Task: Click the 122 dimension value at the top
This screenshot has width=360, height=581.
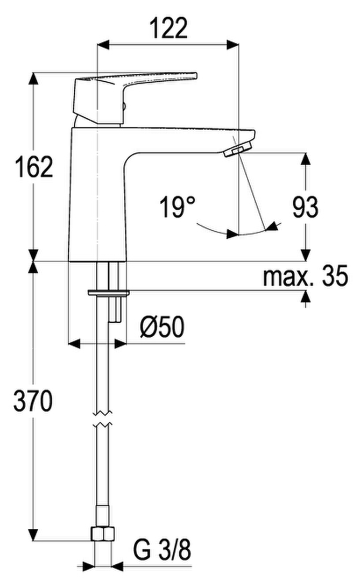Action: tap(168, 28)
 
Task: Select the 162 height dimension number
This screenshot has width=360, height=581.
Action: tap(34, 167)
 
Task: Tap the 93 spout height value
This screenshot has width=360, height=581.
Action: tap(305, 207)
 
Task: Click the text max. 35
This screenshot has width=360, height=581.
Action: tap(306, 275)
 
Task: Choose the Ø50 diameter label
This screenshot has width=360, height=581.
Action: tap(162, 327)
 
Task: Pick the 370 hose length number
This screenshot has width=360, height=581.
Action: tap(33, 401)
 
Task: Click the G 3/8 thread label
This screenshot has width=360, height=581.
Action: tap(162, 550)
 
